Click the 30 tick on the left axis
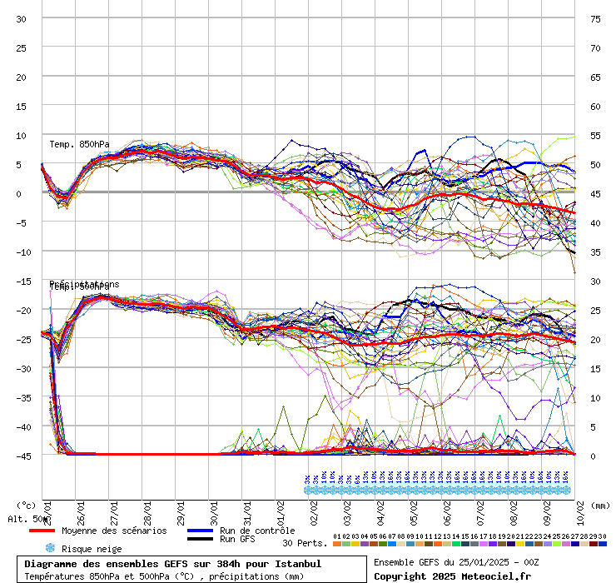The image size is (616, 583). point(22,18)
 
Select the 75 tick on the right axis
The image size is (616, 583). point(595,18)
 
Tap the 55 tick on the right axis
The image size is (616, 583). point(595,135)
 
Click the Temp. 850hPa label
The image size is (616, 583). point(79,145)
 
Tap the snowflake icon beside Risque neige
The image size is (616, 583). point(49,549)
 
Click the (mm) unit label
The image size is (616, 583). point(601,505)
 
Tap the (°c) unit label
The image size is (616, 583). point(26,505)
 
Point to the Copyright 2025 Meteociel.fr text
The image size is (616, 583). point(452,576)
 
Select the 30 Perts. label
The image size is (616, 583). point(304,543)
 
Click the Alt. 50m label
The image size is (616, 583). point(28,519)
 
